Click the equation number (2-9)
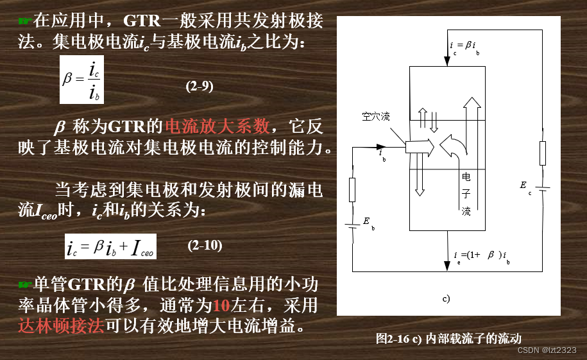click(x=200, y=87)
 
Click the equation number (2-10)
click(x=205, y=245)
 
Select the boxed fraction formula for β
click(x=81, y=80)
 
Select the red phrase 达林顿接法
click(x=62, y=325)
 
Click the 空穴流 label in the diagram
click(x=375, y=117)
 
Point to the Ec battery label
click(x=525, y=187)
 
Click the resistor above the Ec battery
click(x=542, y=153)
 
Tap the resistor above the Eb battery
click(x=352, y=189)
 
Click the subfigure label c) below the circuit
click(x=447, y=298)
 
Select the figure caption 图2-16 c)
click(x=448, y=338)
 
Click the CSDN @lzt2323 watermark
click(x=547, y=350)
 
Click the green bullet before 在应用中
click(x=25, y=22)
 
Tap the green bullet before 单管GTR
click(x=25, y=284)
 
